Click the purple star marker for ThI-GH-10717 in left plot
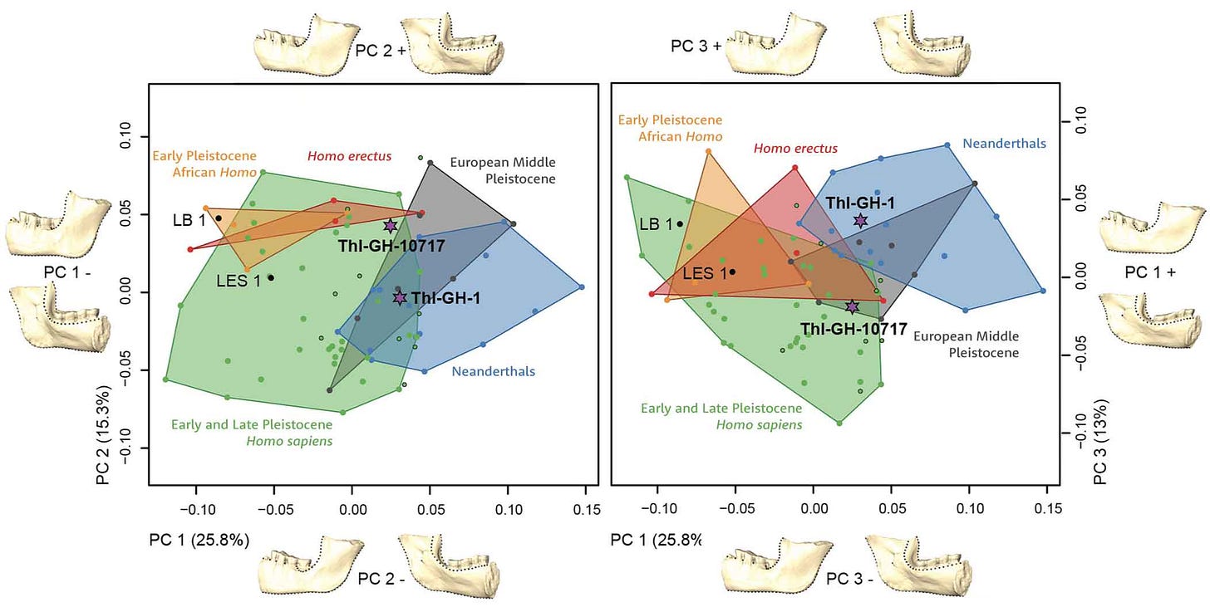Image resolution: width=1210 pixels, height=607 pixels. [x=391, y=226]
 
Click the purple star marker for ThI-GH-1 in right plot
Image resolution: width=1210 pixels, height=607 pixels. [x=860, y=220]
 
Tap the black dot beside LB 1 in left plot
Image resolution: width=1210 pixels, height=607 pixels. [x=219, y=218]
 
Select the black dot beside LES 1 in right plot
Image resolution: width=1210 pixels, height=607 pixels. [x=732, y=272]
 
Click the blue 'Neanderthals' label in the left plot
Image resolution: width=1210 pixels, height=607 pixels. [x=494, y=371]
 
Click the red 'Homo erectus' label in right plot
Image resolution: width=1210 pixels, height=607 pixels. [x=795, y=149]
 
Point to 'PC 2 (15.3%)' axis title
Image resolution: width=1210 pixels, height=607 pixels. [x=103, y=434]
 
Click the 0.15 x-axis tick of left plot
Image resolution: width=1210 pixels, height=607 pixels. [x=586, y=507]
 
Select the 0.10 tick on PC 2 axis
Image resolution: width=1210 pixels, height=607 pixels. [x=126, y=136]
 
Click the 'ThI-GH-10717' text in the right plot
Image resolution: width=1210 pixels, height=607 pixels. [x=853, y=329]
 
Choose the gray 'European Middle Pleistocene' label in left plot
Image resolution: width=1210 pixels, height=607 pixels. [x=503, y=171]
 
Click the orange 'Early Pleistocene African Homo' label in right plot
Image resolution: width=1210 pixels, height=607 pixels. [x=669, y=129]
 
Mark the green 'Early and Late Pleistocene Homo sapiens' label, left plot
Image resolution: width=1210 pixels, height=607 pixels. [x=251, y=433]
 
